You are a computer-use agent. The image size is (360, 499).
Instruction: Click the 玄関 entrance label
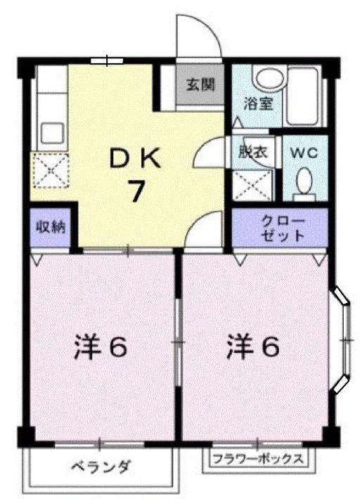pos(200,86)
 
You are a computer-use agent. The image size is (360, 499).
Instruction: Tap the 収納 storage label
pos(51,227)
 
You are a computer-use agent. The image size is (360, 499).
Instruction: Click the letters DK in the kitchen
pos(136,158)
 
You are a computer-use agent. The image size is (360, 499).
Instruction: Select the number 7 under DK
pos(136,190)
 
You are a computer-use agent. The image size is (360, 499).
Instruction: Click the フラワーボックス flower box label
pos(258,460)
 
